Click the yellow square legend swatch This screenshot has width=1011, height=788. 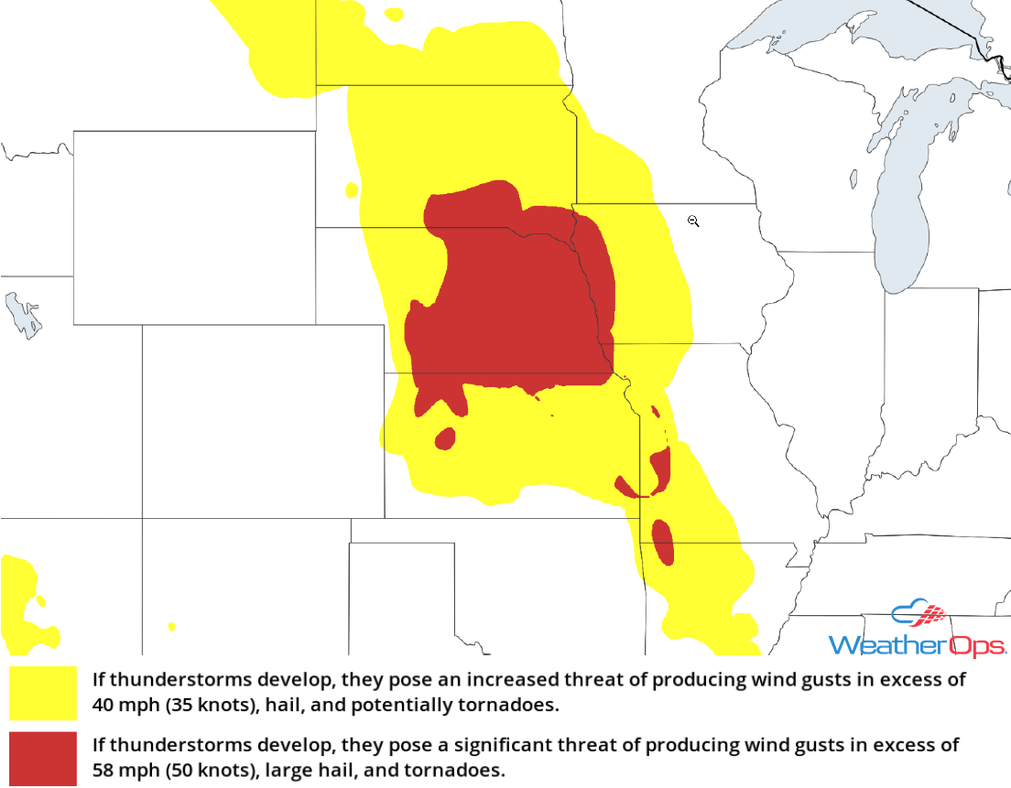(43, 692)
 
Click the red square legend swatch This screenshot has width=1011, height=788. (43, 758)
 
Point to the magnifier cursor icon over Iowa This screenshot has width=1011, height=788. (693, 221)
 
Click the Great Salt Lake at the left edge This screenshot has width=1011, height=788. (23, 316)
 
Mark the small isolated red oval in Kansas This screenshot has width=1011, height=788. (445, 438)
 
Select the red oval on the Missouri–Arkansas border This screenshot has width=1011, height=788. (662, 542)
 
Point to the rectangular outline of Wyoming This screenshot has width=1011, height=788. (194, 227)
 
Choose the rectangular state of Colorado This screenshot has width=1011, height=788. (263, 420)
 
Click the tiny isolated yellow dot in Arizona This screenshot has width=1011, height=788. (171, 627)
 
